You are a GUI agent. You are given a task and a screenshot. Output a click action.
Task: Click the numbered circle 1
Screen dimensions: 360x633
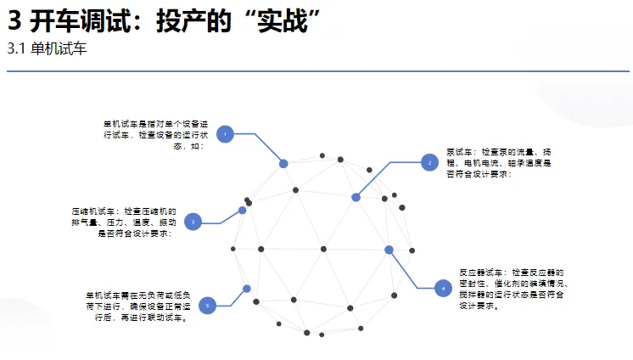pos(225,134)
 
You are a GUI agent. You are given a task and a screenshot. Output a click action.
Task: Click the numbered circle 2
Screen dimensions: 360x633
pos(429,161)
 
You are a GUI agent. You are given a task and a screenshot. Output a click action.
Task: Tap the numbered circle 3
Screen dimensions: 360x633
pos(193,222)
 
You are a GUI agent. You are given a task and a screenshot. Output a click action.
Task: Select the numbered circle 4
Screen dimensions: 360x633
pos(442,289)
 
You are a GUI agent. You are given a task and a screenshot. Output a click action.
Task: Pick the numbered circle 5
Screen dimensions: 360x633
pos(207,305)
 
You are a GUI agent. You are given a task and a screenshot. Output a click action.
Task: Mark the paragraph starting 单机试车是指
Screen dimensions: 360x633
pos(149,134)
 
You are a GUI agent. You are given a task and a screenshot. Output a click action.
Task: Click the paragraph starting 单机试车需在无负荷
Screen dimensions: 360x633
pos(137,306)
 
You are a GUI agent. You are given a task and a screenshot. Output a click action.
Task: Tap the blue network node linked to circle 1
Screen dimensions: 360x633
pos(283,163)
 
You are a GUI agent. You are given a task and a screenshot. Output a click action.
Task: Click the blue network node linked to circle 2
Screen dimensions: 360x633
pos(356,197)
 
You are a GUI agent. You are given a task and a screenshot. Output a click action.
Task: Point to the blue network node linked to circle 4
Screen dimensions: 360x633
pos(389,250)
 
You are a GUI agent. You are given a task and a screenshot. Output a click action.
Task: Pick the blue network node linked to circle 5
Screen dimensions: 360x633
pos(247,289)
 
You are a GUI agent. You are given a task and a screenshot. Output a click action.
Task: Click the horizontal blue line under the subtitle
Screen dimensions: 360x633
pos(316,72)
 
